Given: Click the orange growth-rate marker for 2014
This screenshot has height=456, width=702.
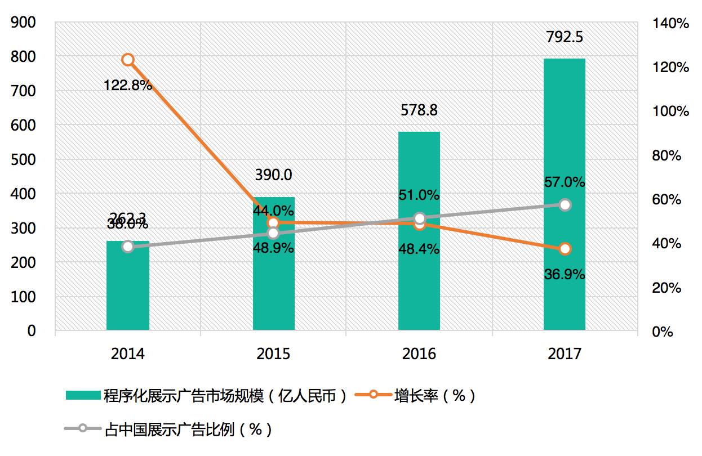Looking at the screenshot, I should (x=128, y=60).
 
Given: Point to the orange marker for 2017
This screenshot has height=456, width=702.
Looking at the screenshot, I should (x=565, y=249).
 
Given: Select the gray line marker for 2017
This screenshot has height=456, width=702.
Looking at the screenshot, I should (x=565, y=205).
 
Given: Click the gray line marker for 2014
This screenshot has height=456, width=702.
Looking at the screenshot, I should (x=128, y=246).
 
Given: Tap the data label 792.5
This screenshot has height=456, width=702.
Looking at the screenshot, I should (x=565, y=38).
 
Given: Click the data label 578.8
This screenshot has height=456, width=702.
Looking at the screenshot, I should (x=419, y=110).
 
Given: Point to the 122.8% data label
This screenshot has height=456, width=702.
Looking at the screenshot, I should (x=128, y=86).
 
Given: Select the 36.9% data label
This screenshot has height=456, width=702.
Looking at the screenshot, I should (x=565, y=275).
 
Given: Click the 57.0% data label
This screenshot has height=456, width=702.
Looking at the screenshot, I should (x=565, y=182).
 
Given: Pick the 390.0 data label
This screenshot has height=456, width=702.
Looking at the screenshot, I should (x=274, y=175).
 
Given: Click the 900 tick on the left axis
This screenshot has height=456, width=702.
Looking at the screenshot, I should (x=24, y=23).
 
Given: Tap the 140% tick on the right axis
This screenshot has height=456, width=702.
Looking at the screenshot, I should (x=670, y=24).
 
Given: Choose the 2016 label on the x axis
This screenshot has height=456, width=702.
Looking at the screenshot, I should (x=419, y=354).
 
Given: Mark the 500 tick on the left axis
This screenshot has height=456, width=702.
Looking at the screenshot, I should (x=24, y=159).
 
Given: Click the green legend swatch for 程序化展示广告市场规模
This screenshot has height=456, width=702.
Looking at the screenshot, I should (x=83, y=396).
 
